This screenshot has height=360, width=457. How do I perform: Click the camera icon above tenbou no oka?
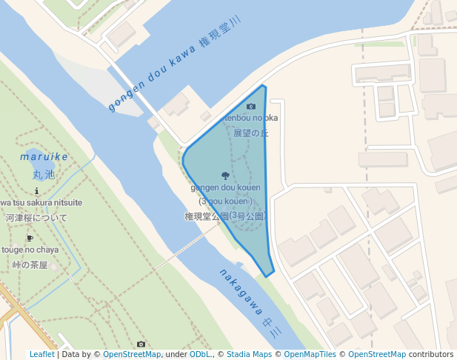[x=251, y=107]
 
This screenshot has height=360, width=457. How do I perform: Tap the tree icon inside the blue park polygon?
[x=225, y=176]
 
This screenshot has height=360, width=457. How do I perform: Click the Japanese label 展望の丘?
[x=250, y=133]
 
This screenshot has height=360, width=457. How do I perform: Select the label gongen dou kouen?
[x=225, y=188]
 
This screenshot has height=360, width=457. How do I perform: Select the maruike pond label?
[x=44, y=157]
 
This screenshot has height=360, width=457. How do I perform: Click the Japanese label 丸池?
[x=44, y=175]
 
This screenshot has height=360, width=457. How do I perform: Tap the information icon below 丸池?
[x=37, y=190]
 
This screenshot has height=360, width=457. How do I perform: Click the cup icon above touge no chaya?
[x=30, y=238]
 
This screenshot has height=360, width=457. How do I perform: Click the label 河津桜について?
[x=36, y=218]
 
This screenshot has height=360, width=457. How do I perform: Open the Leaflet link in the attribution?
[x=42, y=354]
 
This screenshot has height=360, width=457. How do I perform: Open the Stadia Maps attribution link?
[x=248, y=354]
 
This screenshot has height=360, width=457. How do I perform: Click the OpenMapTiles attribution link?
[x=310, y=354]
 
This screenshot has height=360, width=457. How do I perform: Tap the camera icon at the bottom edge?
[x=141, y=344]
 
